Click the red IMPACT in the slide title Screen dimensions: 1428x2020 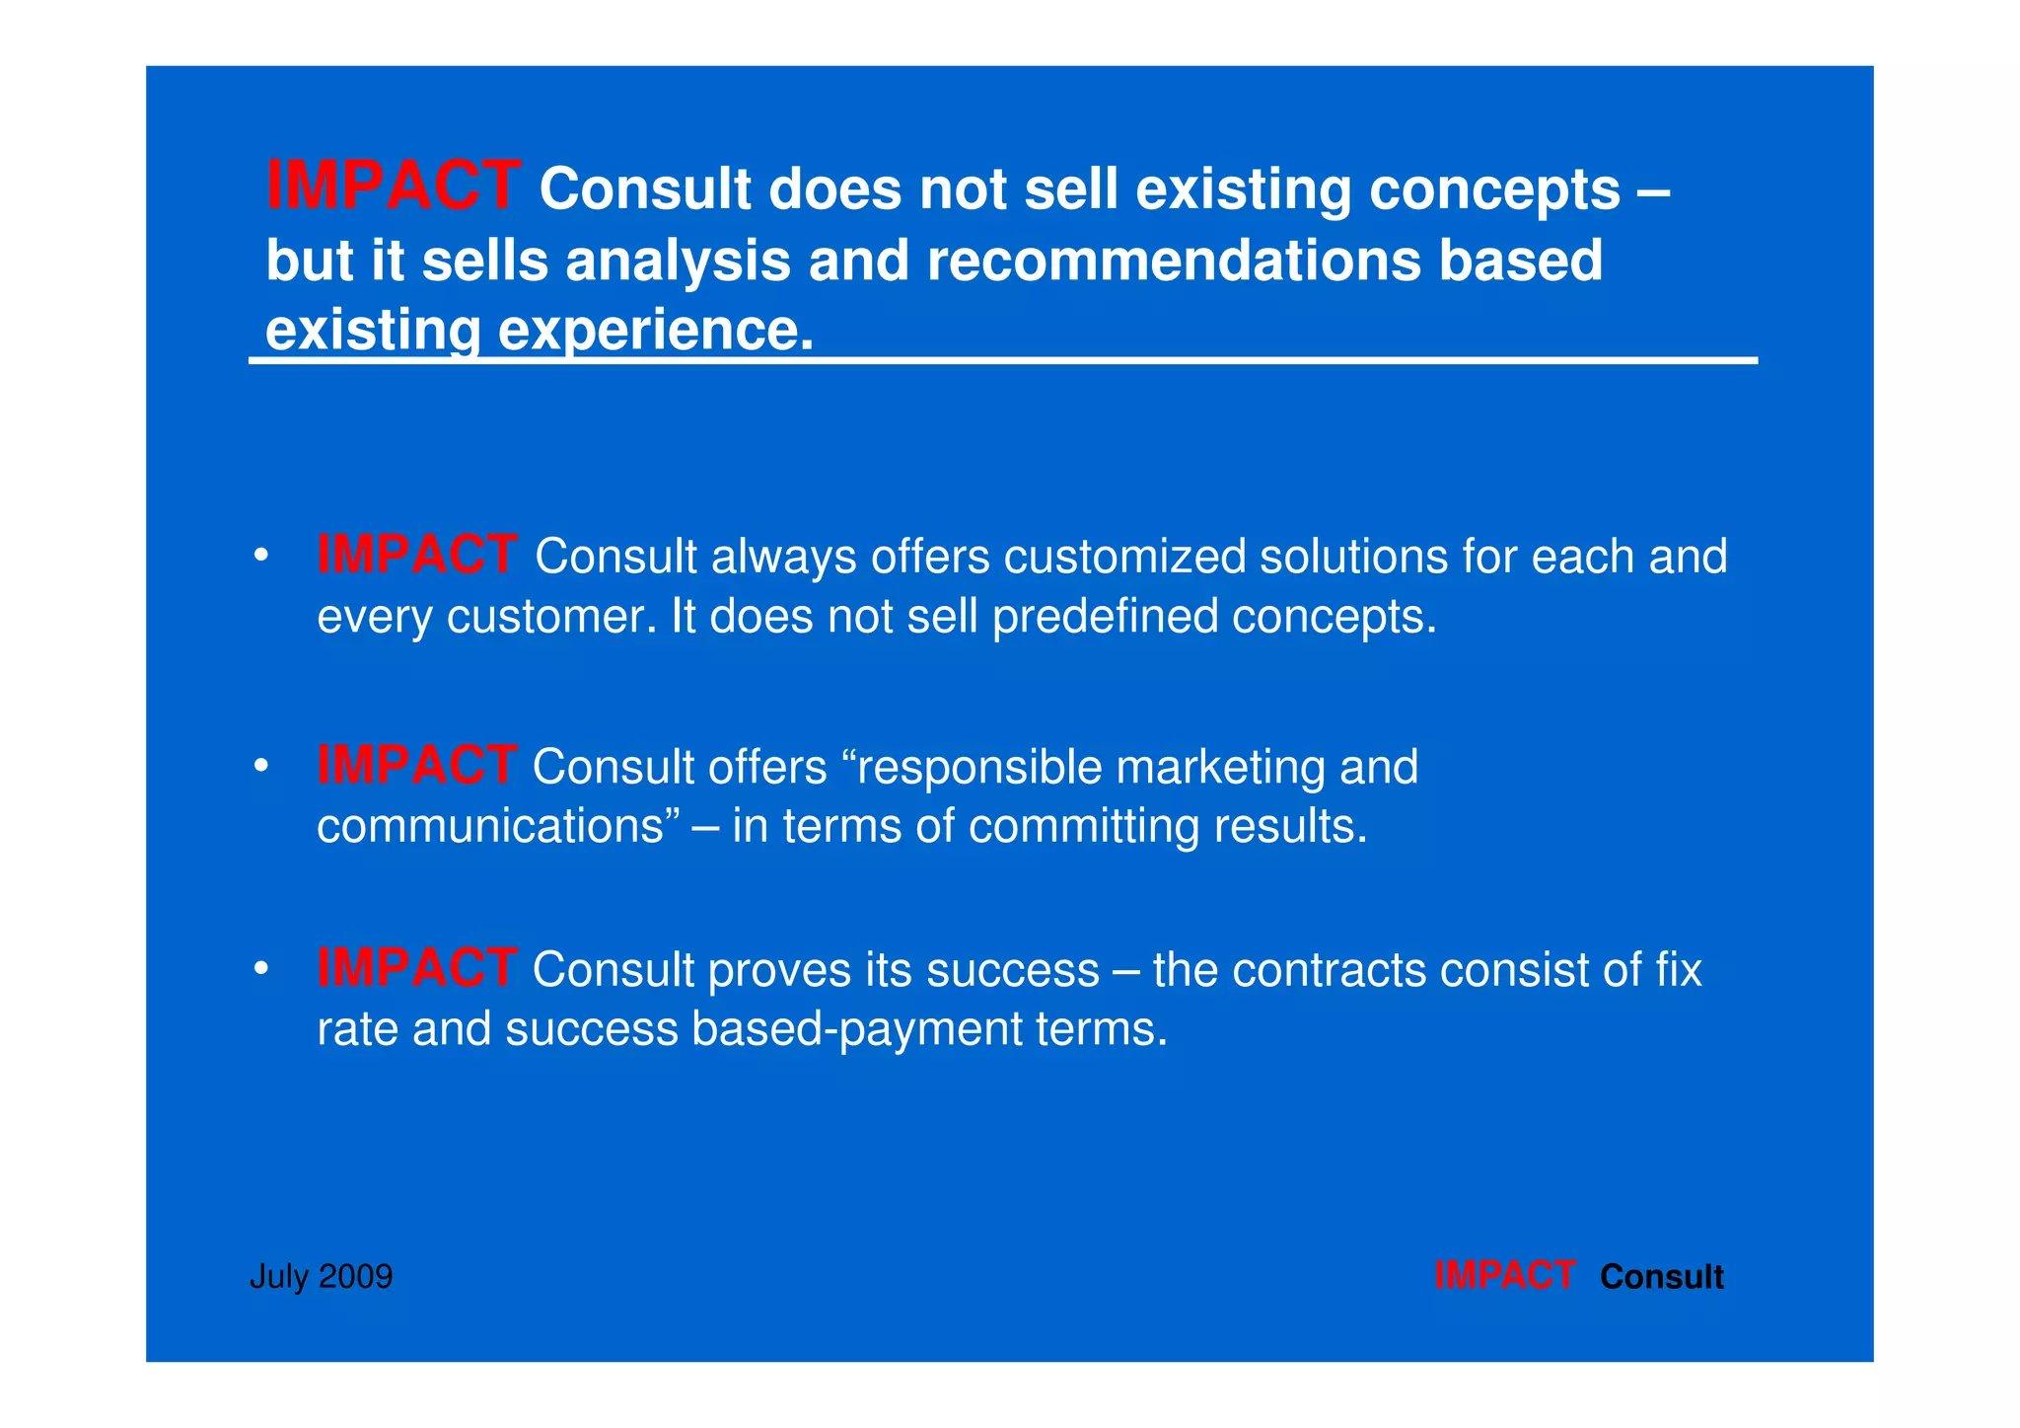(393, 186)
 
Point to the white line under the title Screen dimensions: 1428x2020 (1002, 361)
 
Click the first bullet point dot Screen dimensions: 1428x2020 (260, 556)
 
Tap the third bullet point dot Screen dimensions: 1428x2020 (260, 969)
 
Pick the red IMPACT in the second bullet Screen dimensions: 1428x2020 (416, 765)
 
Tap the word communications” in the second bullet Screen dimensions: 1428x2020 (499, 826)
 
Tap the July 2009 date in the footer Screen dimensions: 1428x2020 (322, 1277)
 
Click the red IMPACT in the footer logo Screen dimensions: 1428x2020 (1504, 1276)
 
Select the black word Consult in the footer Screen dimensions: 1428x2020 (1662, 1277)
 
